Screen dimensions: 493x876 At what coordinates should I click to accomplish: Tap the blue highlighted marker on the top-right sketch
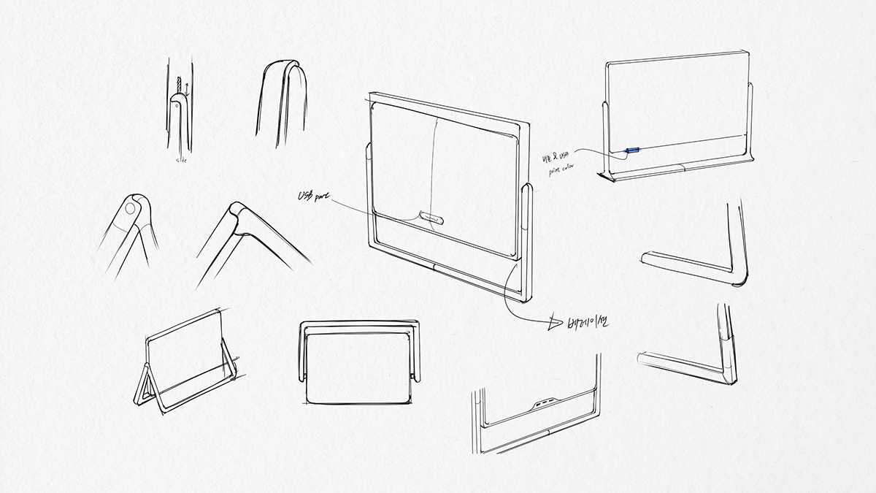631,152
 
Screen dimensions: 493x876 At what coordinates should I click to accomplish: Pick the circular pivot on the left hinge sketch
130,209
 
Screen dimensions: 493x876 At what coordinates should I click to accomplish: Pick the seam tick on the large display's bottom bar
436,267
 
